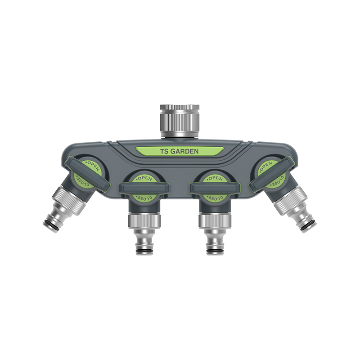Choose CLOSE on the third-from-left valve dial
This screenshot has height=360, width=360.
215,197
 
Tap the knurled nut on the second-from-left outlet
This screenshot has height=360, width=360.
144,221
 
